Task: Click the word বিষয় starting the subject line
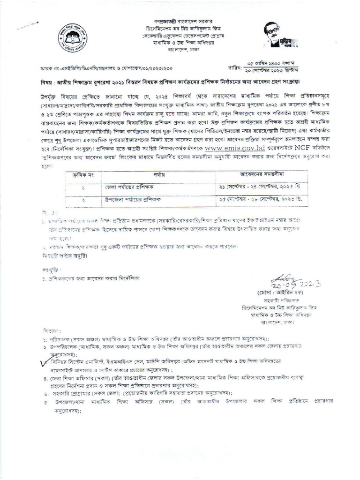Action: [47, 82]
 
